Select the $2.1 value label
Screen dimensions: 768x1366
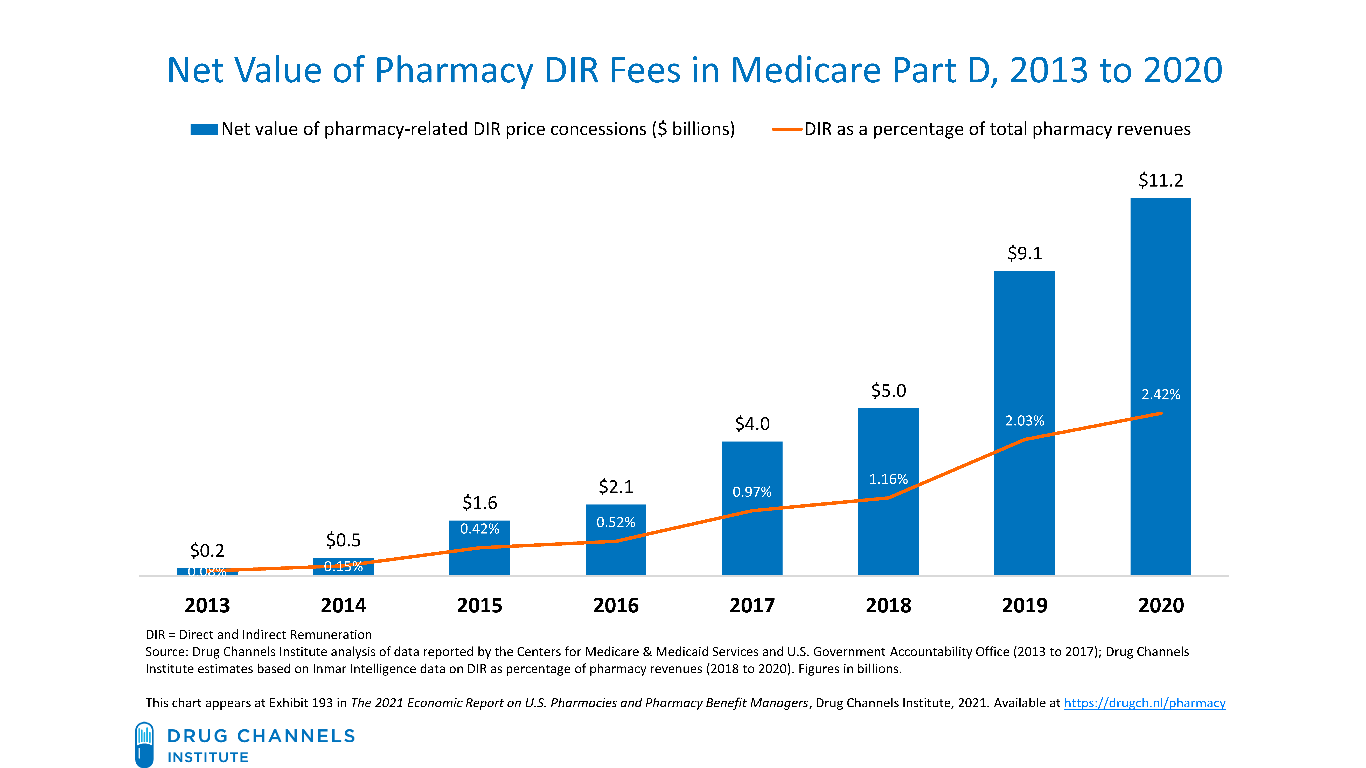tap(616, 487)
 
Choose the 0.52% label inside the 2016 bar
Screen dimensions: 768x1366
tap(616, 523)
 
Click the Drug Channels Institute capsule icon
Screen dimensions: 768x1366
tap(144, 744)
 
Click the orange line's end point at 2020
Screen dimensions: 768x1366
tap(1161, 413)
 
